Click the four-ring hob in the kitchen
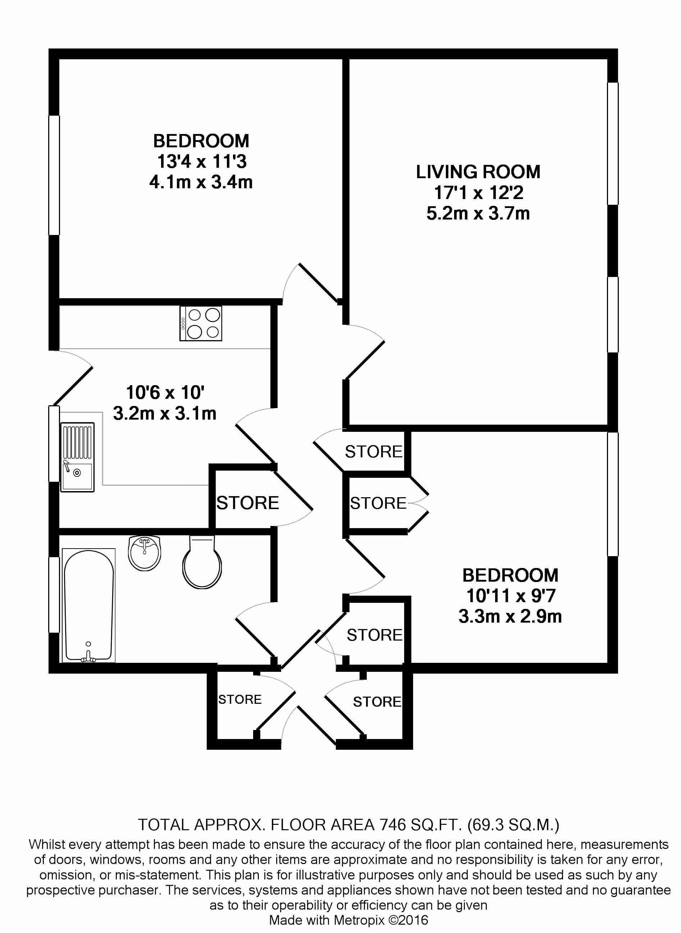(201, 323)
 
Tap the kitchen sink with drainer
(77, 457)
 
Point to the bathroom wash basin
(144, 553)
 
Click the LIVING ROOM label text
(478, 172)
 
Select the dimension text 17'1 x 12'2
(478, 193)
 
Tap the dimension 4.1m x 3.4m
(201, 182)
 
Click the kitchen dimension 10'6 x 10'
(165, 393)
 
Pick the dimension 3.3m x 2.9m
(510, 616)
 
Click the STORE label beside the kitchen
(247, 503)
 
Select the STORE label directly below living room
(374, 452)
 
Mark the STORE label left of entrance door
(240, 699)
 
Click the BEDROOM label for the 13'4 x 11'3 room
(201, 141)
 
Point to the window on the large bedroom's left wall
(54, 175)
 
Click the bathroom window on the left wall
(54, 595)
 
